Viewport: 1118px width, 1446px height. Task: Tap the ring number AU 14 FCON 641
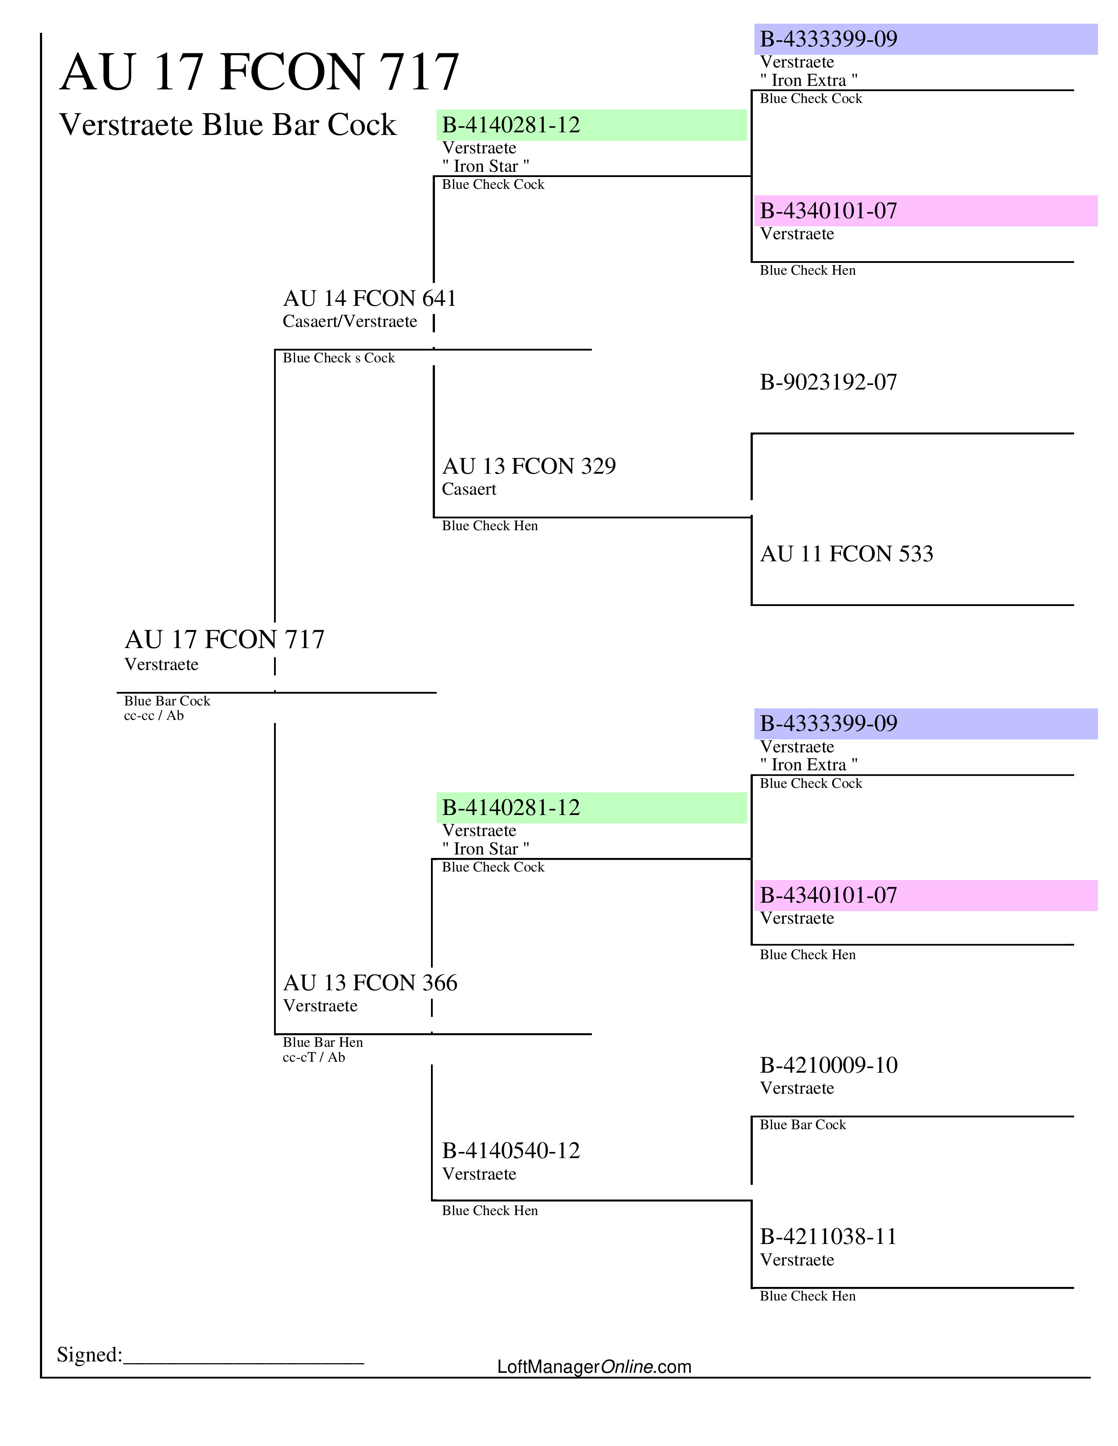coord(370,298)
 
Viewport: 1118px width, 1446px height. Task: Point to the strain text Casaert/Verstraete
coord(350,322)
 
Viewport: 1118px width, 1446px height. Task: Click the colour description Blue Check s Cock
coord(338,358)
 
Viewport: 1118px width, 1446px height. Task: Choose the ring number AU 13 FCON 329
coord(529,466)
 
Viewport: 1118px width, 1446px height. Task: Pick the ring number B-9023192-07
coord(828,382)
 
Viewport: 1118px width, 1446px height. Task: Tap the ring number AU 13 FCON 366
coord(370,982)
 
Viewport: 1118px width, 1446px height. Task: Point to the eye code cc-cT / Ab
coord(314,1057)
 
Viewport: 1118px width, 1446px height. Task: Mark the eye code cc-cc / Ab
coord(153,716)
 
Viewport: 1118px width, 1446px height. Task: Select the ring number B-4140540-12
coord(511,1151)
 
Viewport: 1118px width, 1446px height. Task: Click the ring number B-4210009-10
coord(829,1065)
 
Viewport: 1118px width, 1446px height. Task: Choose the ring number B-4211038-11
coord(828,1237)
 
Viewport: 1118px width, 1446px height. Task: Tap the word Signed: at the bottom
coord(89,1354)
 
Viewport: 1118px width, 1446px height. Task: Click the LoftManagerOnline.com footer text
coord(594,1367)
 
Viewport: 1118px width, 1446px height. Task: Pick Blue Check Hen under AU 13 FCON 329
coord(489,526)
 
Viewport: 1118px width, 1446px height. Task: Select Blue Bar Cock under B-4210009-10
coord(803,1125)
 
